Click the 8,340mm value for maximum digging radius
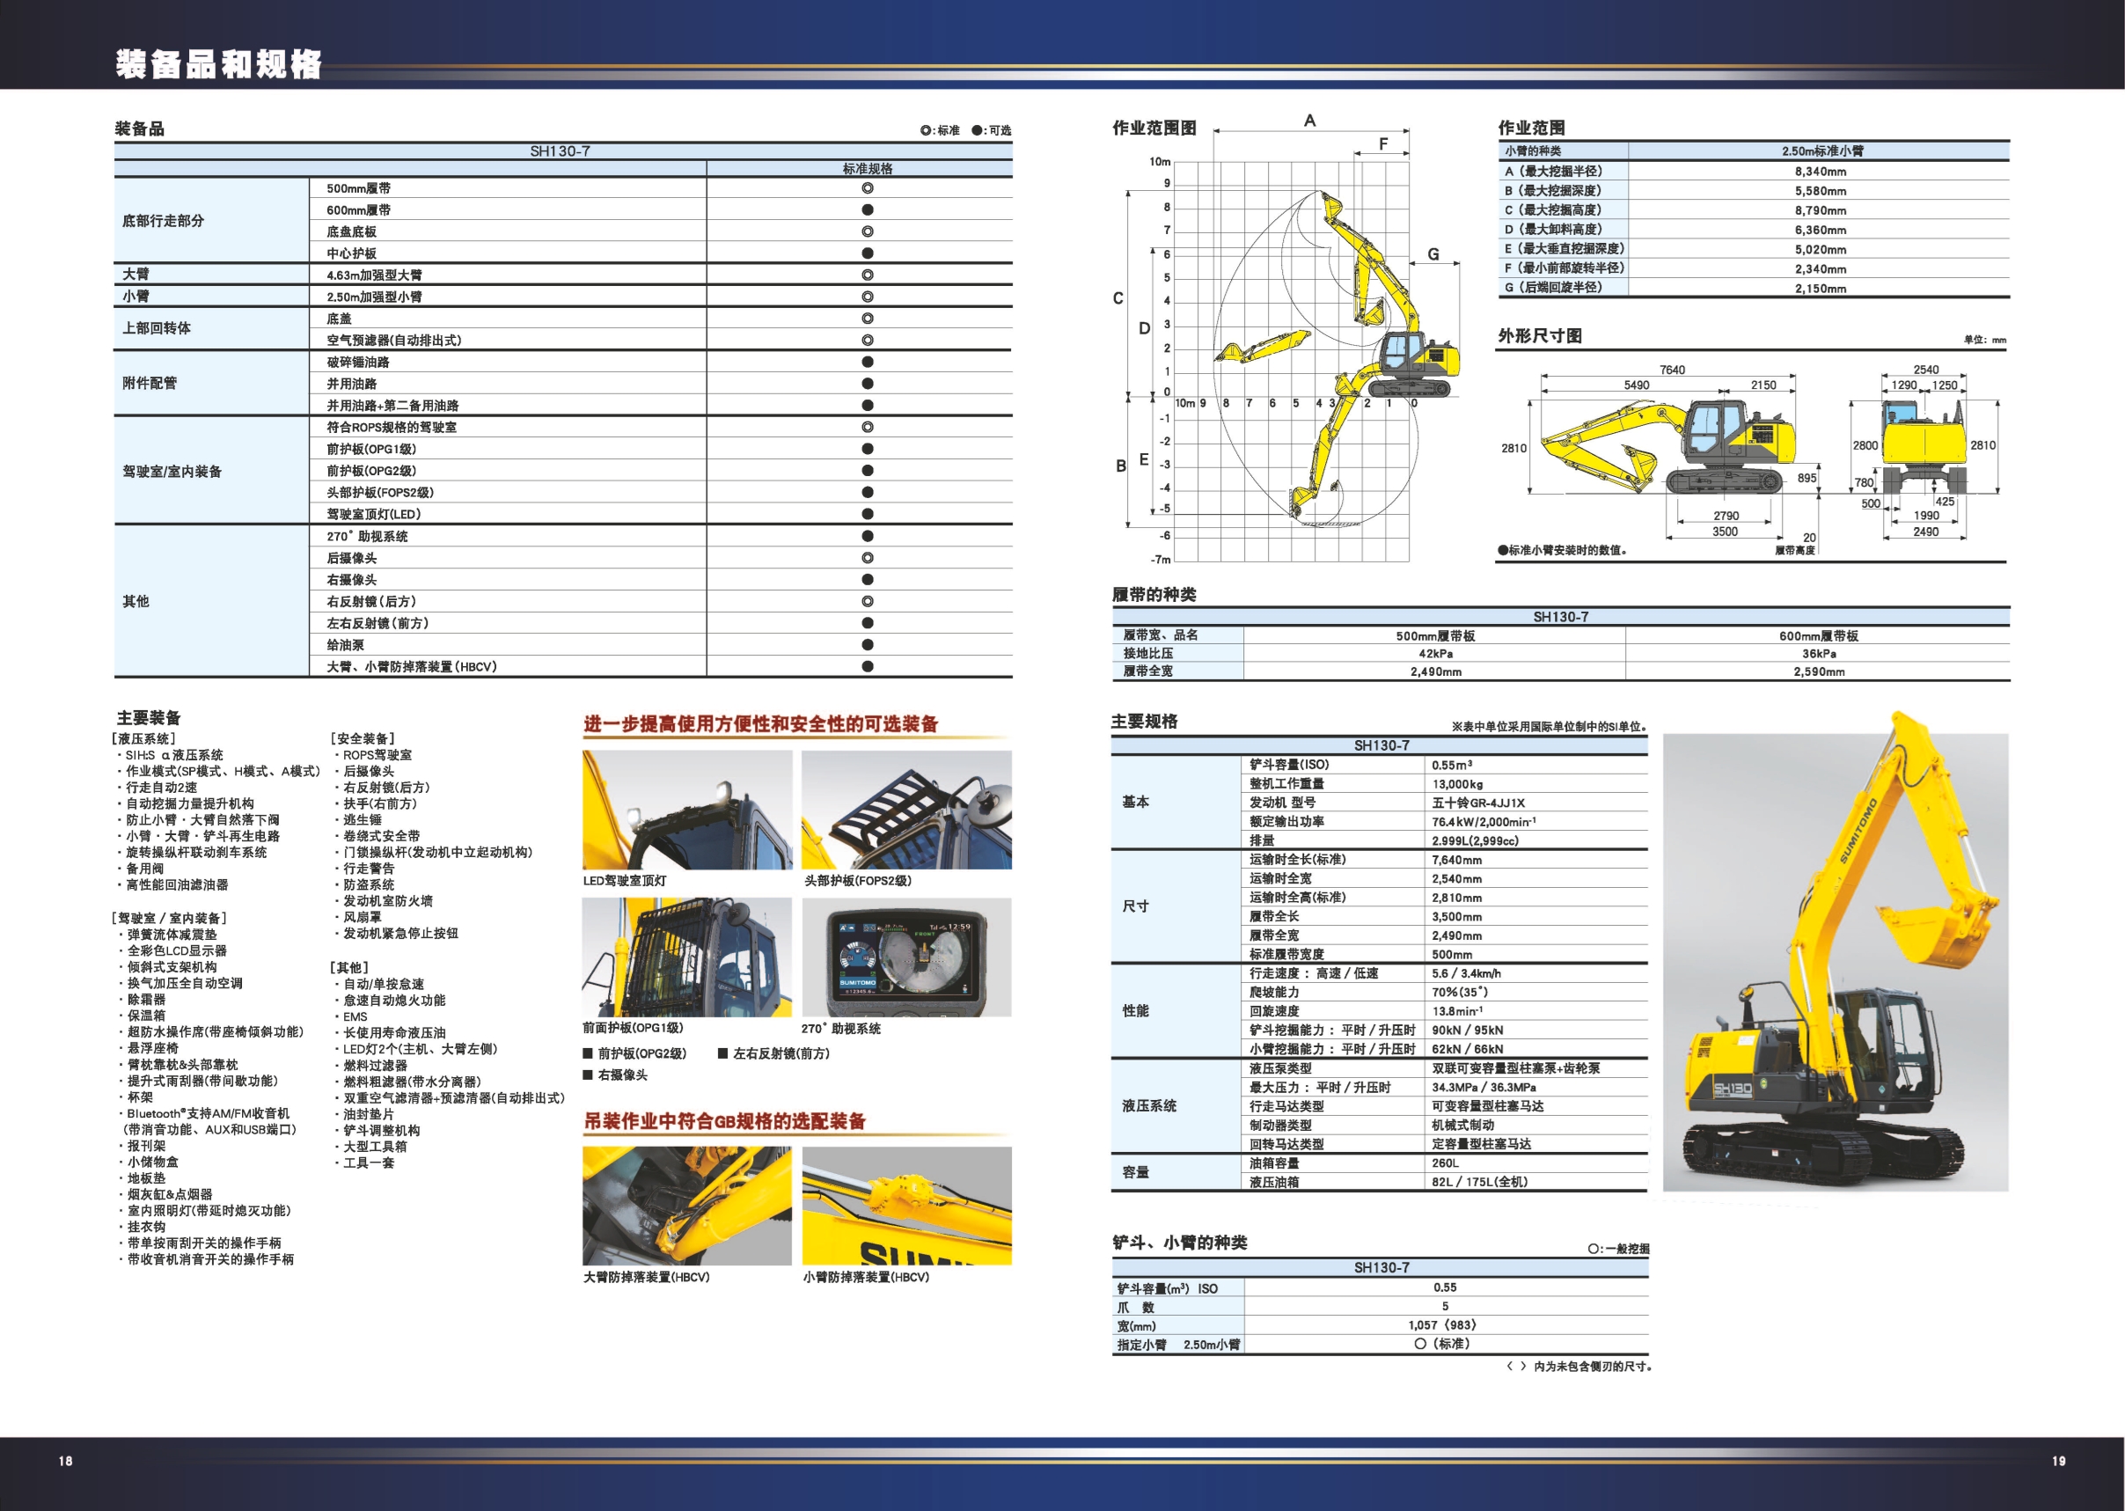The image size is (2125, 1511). (x=1820, y=172)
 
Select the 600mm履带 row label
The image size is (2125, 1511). (x=358, y=210)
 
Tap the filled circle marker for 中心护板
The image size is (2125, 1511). (x=867, y=253)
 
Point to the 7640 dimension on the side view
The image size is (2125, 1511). (x=1672, y=370)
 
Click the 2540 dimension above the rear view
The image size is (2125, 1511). (x=1925, y=370)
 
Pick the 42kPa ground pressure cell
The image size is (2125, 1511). (x=1434, y=654)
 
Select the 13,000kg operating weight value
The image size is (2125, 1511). (x=1457, y=784)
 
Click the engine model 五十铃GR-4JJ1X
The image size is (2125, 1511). (x=1478, y=803)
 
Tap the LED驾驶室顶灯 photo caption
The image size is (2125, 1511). (x=624, y=880)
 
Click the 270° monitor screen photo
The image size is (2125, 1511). (x=906, y=957)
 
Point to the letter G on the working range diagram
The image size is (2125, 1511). (x=1433, y=254)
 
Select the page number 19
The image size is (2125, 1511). (x=2058, y=1461)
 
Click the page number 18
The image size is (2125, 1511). (x=65, y=1461)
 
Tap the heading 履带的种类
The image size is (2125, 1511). (x=1154, y=595)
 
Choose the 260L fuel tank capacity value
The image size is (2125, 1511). (x=1445, y=1163)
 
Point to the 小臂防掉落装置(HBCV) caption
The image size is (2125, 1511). (x=866, y=1278)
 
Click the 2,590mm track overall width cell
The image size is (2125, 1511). (x=1819, y=671)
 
